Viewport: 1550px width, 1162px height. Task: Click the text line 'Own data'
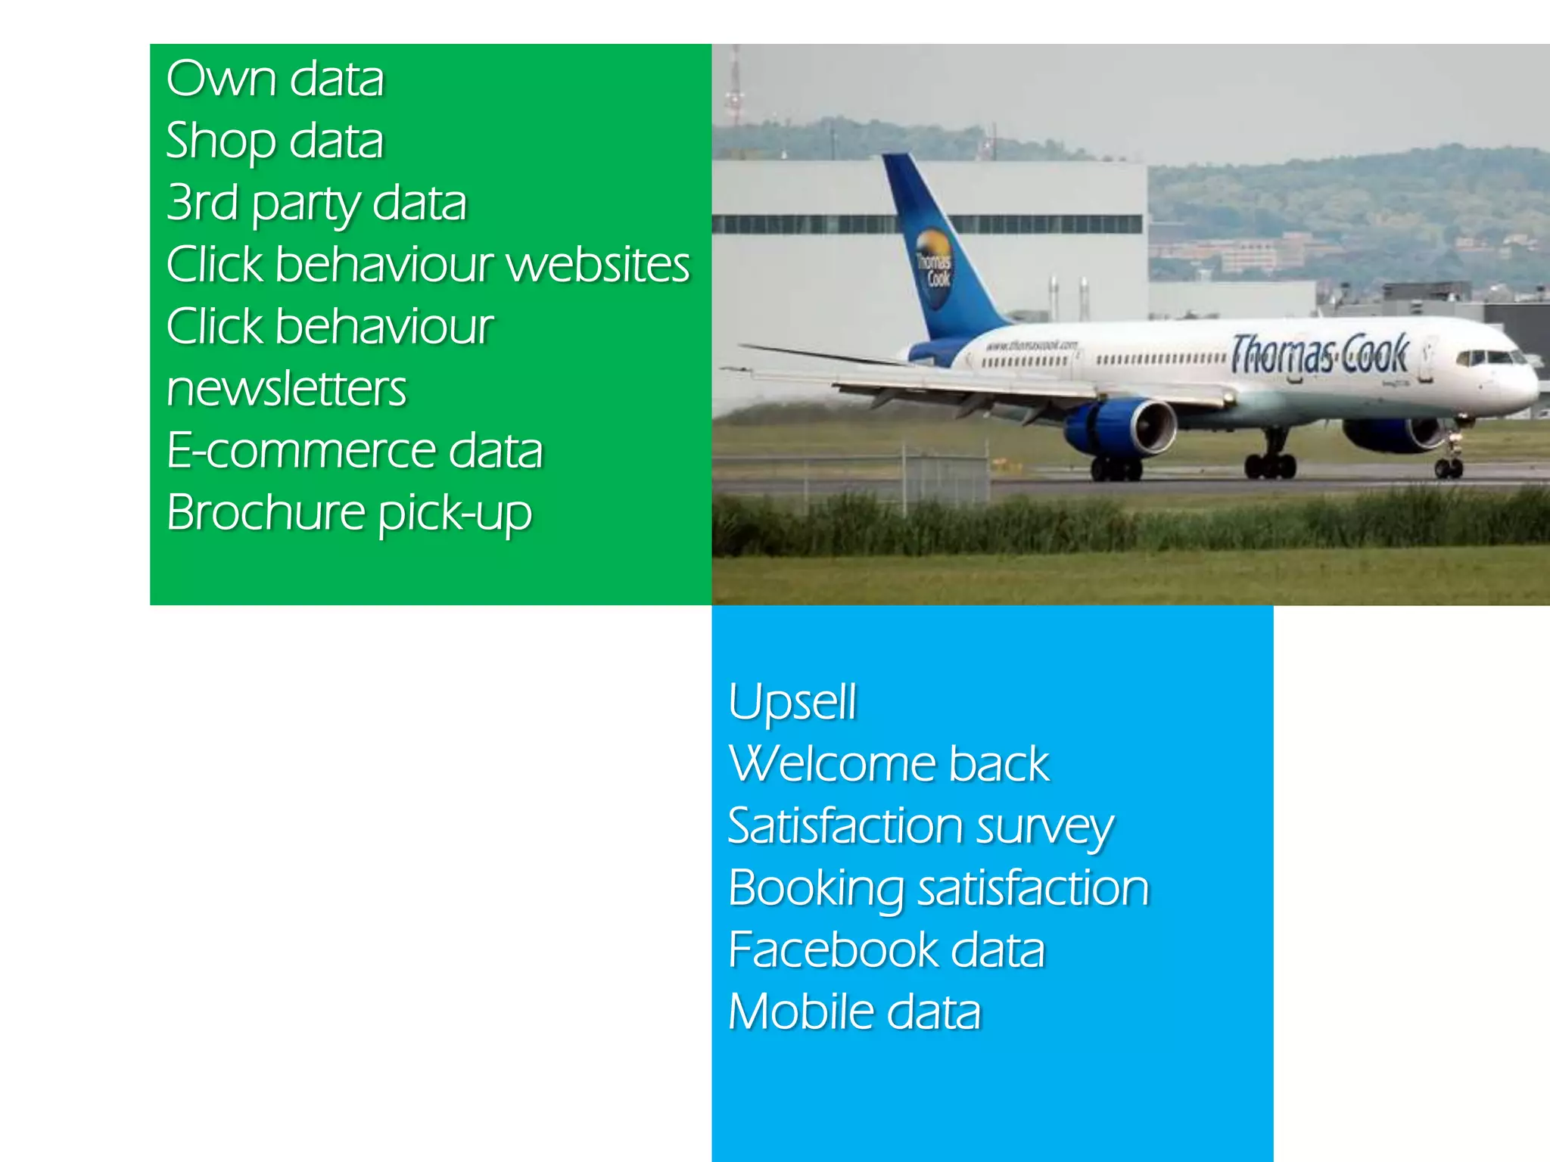pos(275,79)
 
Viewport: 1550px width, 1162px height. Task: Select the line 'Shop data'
pos(275,141)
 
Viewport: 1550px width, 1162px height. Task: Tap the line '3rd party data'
pos(316,204)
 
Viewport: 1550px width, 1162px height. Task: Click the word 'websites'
pos(597,265)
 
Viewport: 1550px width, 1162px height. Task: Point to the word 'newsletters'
pos(286,389)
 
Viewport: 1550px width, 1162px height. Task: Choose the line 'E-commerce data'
pos(354,451)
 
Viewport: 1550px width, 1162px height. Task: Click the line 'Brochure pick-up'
pos(349,514)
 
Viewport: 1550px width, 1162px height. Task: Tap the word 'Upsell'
pos(792,702)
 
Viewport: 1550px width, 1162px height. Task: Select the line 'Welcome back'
pos(889,763)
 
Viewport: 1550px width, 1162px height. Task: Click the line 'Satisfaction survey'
pos(920,826)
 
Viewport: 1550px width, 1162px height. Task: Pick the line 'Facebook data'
pos(886,950)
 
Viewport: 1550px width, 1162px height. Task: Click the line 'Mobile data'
pos(854,1012)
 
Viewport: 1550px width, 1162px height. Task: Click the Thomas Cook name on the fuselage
pos(1318,354)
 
